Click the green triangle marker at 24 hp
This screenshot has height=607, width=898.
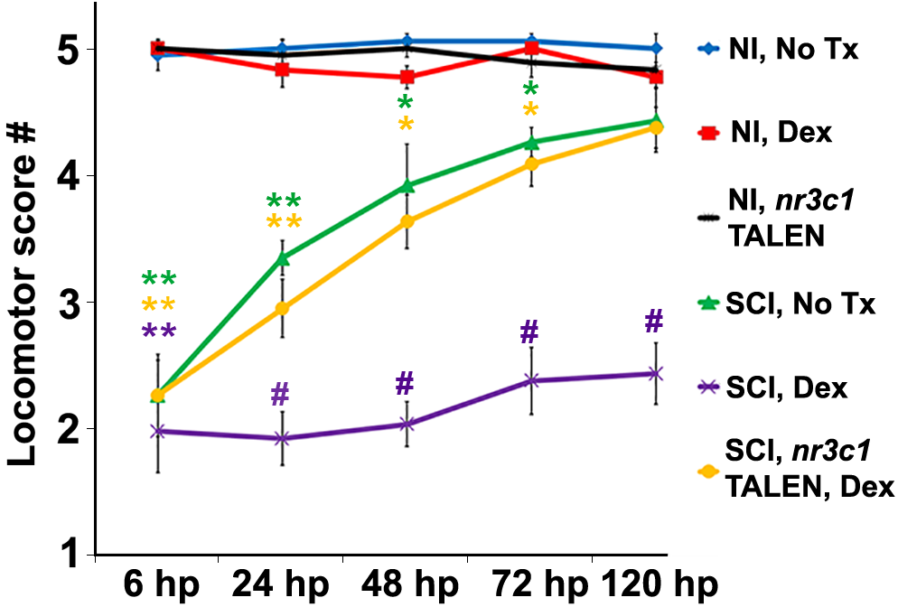click(x=282, y=259)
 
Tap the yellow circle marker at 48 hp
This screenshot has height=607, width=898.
click(x=407, y=221)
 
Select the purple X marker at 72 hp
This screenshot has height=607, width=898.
click(x=530, y=380)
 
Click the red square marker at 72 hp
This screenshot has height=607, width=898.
click(x=531, y=48)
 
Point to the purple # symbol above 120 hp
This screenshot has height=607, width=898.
click(x=654, y=321)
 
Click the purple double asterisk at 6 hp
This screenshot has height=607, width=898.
click(x=158, y=332)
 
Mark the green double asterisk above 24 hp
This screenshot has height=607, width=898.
click(x=283, y=201)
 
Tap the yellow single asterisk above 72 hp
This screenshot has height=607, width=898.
click(x=531, y=110)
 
